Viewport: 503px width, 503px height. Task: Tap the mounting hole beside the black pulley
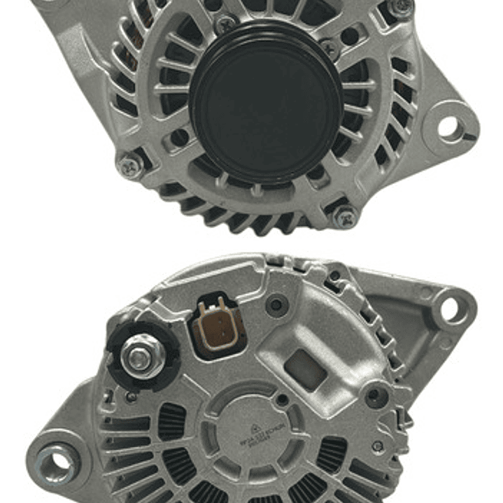point(448,126)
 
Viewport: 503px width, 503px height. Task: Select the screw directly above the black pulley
point(225,25)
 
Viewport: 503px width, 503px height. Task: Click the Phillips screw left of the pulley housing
point(130,165)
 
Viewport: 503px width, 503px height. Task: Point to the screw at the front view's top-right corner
point(400,7)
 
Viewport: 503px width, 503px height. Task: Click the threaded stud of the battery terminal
point(139,357)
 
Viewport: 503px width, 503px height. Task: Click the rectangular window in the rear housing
point(306,369)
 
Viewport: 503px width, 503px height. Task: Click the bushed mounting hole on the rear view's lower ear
point(57,462)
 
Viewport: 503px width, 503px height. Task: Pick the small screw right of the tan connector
point(278,304)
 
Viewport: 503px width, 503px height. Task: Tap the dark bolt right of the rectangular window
point(376,396)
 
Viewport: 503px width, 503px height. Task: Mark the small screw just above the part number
point(281,399)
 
